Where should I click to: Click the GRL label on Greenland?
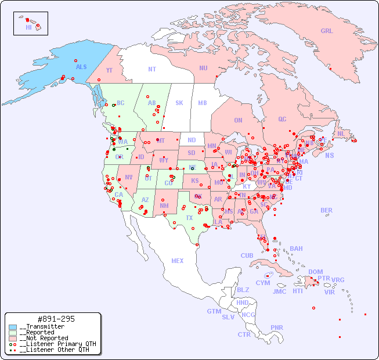tap(327, 31)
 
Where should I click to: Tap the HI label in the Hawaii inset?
tap(28, 27)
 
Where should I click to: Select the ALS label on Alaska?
tap(81, 67)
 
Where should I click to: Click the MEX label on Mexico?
tap(178, 261)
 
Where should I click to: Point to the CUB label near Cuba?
tap(247, 255)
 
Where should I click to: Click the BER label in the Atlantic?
tap(327, 210)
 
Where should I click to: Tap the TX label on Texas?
tap(189, 218)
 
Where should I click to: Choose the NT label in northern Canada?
tap(151, 69)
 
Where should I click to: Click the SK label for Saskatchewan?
tap(179, 103)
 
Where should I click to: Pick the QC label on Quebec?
tap(282, 119)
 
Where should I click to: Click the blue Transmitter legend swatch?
tap(13, 327)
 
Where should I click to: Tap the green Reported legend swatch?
tap(13, 333)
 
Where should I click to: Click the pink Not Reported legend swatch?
tap(13, 338)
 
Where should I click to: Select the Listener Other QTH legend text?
tap(55, 350)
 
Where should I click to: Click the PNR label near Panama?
tap(277, 327)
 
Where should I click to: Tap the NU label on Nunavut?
tap(203, 68)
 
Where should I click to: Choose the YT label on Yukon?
tap(109, 70)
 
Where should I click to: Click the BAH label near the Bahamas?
tap(296, 249)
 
